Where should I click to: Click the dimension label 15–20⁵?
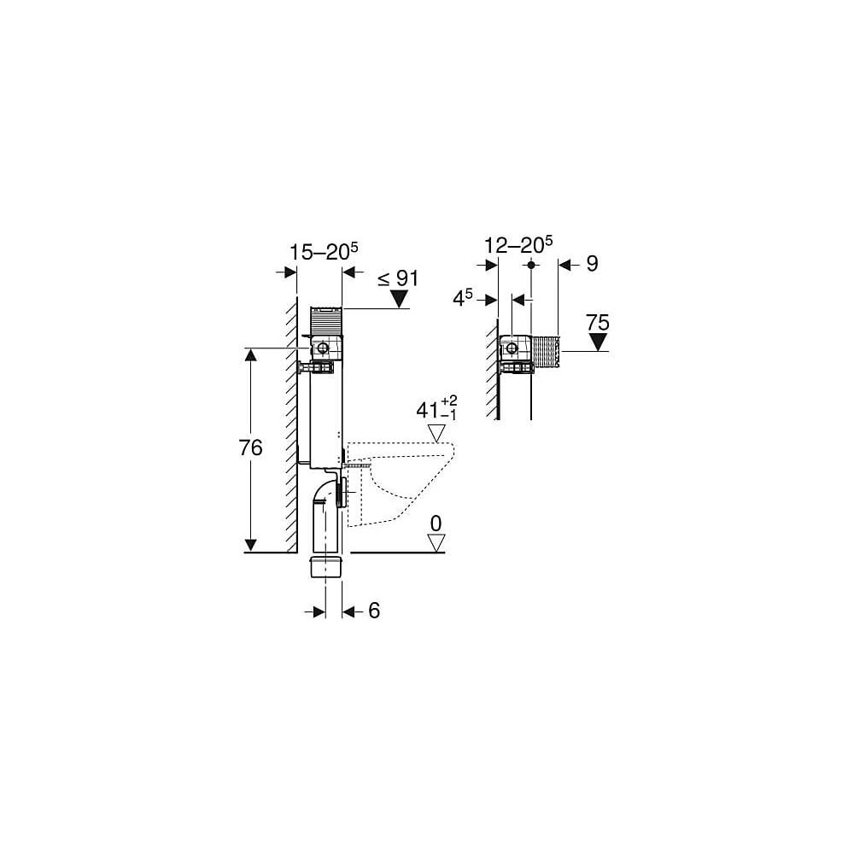point(324,252)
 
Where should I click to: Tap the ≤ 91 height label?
point(398,279)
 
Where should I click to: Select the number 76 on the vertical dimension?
point(250,447)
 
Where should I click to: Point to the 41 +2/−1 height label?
point(436,409)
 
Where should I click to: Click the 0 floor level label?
point(436,524)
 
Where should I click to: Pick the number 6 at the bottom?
point(374,611)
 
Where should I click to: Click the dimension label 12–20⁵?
point(518,245)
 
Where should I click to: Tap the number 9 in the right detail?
point(592,264)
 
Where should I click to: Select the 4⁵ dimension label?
point(463,298)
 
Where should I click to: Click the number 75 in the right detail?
point(598,323)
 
